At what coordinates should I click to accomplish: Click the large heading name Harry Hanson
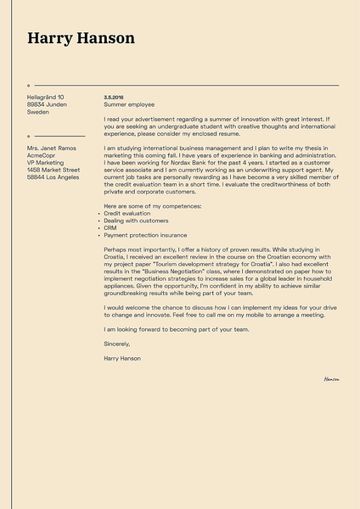click(81, 38)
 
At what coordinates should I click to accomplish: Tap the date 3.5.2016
click(114, 97)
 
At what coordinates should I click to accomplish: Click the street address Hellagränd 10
click(46, 97)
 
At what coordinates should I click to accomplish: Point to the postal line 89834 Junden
click(47, 104)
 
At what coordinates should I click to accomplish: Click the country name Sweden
click(38, 112)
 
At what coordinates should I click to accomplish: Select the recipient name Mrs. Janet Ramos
click(52, 148)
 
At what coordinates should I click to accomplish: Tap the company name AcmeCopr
click(42, 156)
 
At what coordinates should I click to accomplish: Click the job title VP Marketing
click(45, 163)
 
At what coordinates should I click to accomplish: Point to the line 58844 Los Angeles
click(53, 177)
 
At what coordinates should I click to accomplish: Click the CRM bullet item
click(110, 227)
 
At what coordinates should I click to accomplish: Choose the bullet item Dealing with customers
click(136, 221)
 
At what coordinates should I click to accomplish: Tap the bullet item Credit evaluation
click(127, 213)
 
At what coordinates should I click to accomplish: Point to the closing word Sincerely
click(117, 344)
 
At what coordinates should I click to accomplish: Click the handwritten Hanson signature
click(331, 379)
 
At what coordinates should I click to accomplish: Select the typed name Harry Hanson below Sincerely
click(122, 358)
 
